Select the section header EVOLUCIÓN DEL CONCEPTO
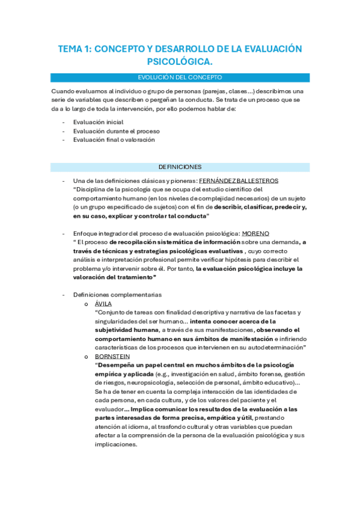click(180, 78)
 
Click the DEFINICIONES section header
click(180, 167)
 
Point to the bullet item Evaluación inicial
click(98, 122)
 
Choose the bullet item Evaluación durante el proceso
click(116, 131)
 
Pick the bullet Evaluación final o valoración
click(114, 140)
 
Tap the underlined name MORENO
click(255, 233)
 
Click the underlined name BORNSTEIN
click(114, 356)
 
